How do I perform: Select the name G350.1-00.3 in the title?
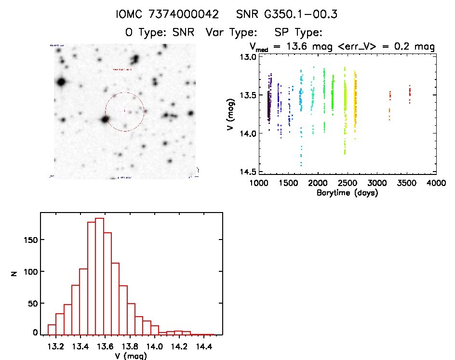click(287, 14)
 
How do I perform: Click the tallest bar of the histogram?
click(100, 276)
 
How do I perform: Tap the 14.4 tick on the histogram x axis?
click(205, 347)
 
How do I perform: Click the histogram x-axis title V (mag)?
click(130, 356)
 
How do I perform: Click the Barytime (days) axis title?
click(347, 193)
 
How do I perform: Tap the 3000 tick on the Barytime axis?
click(377, 183)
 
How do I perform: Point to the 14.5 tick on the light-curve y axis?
click(248, 172)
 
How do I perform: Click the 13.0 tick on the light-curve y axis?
click(248, 57)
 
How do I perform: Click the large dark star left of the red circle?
click(104, 119)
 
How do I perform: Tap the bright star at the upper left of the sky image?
click(61, 82)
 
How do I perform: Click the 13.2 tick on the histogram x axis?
click(56, 347)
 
